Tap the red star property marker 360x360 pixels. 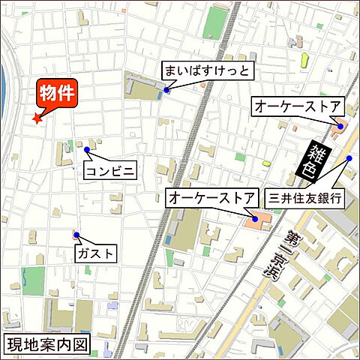tap(36, 118)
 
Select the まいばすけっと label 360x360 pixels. tap(208, 71)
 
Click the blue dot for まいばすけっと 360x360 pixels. tap(166, 91)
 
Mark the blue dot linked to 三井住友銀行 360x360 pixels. tap(349, 158)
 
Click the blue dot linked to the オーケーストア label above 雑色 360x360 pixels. tap(340, 127)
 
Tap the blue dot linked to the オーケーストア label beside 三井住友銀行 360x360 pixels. tap(255, 219)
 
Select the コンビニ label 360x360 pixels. tap(110, 171)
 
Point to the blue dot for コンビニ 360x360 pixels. tap(87, 150)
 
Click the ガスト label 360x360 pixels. tap(96, 253)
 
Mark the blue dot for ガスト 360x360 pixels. tap(76, 235)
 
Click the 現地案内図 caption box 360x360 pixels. tap(47, 345)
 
